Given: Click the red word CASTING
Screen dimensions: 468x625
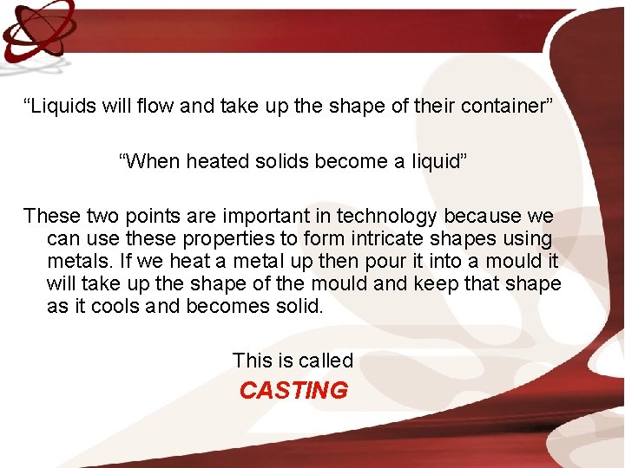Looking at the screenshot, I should [293, 391].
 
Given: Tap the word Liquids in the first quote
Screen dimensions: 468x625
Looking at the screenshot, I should [59, 107].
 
